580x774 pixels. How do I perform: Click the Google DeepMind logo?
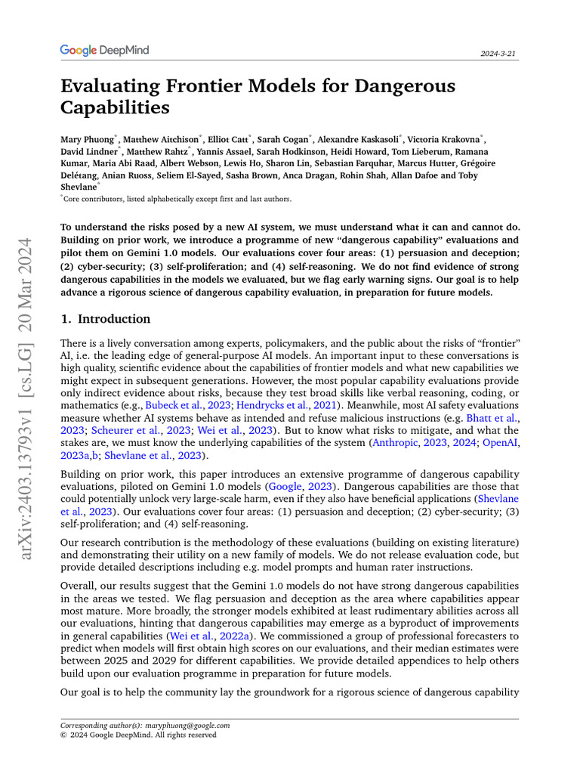104,51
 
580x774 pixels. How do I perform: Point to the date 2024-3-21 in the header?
499,54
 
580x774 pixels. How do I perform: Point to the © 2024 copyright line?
138,735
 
